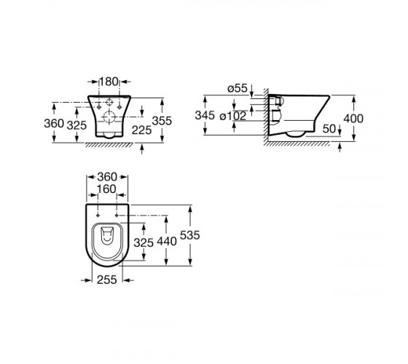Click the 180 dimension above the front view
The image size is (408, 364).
click(x=109, y=82)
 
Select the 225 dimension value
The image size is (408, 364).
click(x=141, y=130)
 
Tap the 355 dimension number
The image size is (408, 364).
click(x=162, y=121)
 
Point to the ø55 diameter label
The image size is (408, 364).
click(x=238, y=88)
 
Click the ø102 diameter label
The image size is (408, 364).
click(x=233, y=116)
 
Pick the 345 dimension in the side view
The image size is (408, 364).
click(x=205, y=116)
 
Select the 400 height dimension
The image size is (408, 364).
click(x=353, y=119)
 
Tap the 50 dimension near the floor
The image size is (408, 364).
click(x=329, y=129)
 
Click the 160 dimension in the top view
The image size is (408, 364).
click(x=106, y=189)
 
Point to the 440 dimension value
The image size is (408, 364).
click(x=167, y=242)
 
